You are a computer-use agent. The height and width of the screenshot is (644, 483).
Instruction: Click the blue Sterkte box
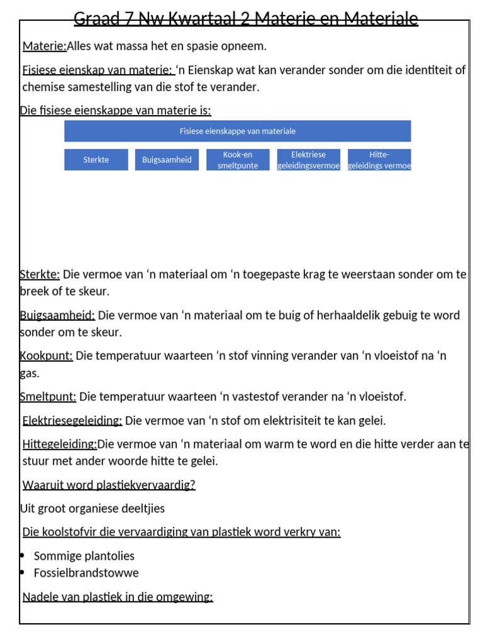pos(96,160)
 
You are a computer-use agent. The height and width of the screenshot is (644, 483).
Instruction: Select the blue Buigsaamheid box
pos(167,160)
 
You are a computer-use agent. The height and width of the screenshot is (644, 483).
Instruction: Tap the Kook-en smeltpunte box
pos(238,160)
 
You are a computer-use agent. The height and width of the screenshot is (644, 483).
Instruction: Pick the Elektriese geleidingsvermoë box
pos(309,160)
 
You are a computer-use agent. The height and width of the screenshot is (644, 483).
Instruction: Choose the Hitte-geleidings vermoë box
pos(379,160)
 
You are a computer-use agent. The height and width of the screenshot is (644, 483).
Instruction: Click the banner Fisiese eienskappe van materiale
pos(238,131)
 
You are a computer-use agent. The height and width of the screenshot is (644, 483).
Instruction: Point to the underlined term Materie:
pos(45,46)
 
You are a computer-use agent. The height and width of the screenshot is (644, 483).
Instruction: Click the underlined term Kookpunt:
pos(47,356)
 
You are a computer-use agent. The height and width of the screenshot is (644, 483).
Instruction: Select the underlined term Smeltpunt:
pos(48,396)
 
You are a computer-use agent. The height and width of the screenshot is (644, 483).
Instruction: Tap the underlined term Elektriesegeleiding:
pos(72,420)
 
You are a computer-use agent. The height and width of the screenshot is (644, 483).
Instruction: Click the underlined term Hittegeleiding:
pos(60,445)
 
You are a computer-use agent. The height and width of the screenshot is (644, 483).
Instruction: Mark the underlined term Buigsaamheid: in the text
pos(57,315)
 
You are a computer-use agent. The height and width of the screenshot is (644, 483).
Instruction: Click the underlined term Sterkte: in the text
pos(40,274)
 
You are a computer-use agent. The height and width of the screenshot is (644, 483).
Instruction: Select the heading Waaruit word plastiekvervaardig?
pos(109,485)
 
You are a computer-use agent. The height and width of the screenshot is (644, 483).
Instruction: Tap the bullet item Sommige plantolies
pos(84,556)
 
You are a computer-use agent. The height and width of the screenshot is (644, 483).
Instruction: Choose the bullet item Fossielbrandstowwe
pos(86,573)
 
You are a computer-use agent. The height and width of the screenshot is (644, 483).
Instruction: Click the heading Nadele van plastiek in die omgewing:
pos(118,597)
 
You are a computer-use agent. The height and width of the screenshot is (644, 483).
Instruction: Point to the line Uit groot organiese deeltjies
pos(92,508)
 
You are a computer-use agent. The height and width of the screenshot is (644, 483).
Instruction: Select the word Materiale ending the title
pos(380,19)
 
